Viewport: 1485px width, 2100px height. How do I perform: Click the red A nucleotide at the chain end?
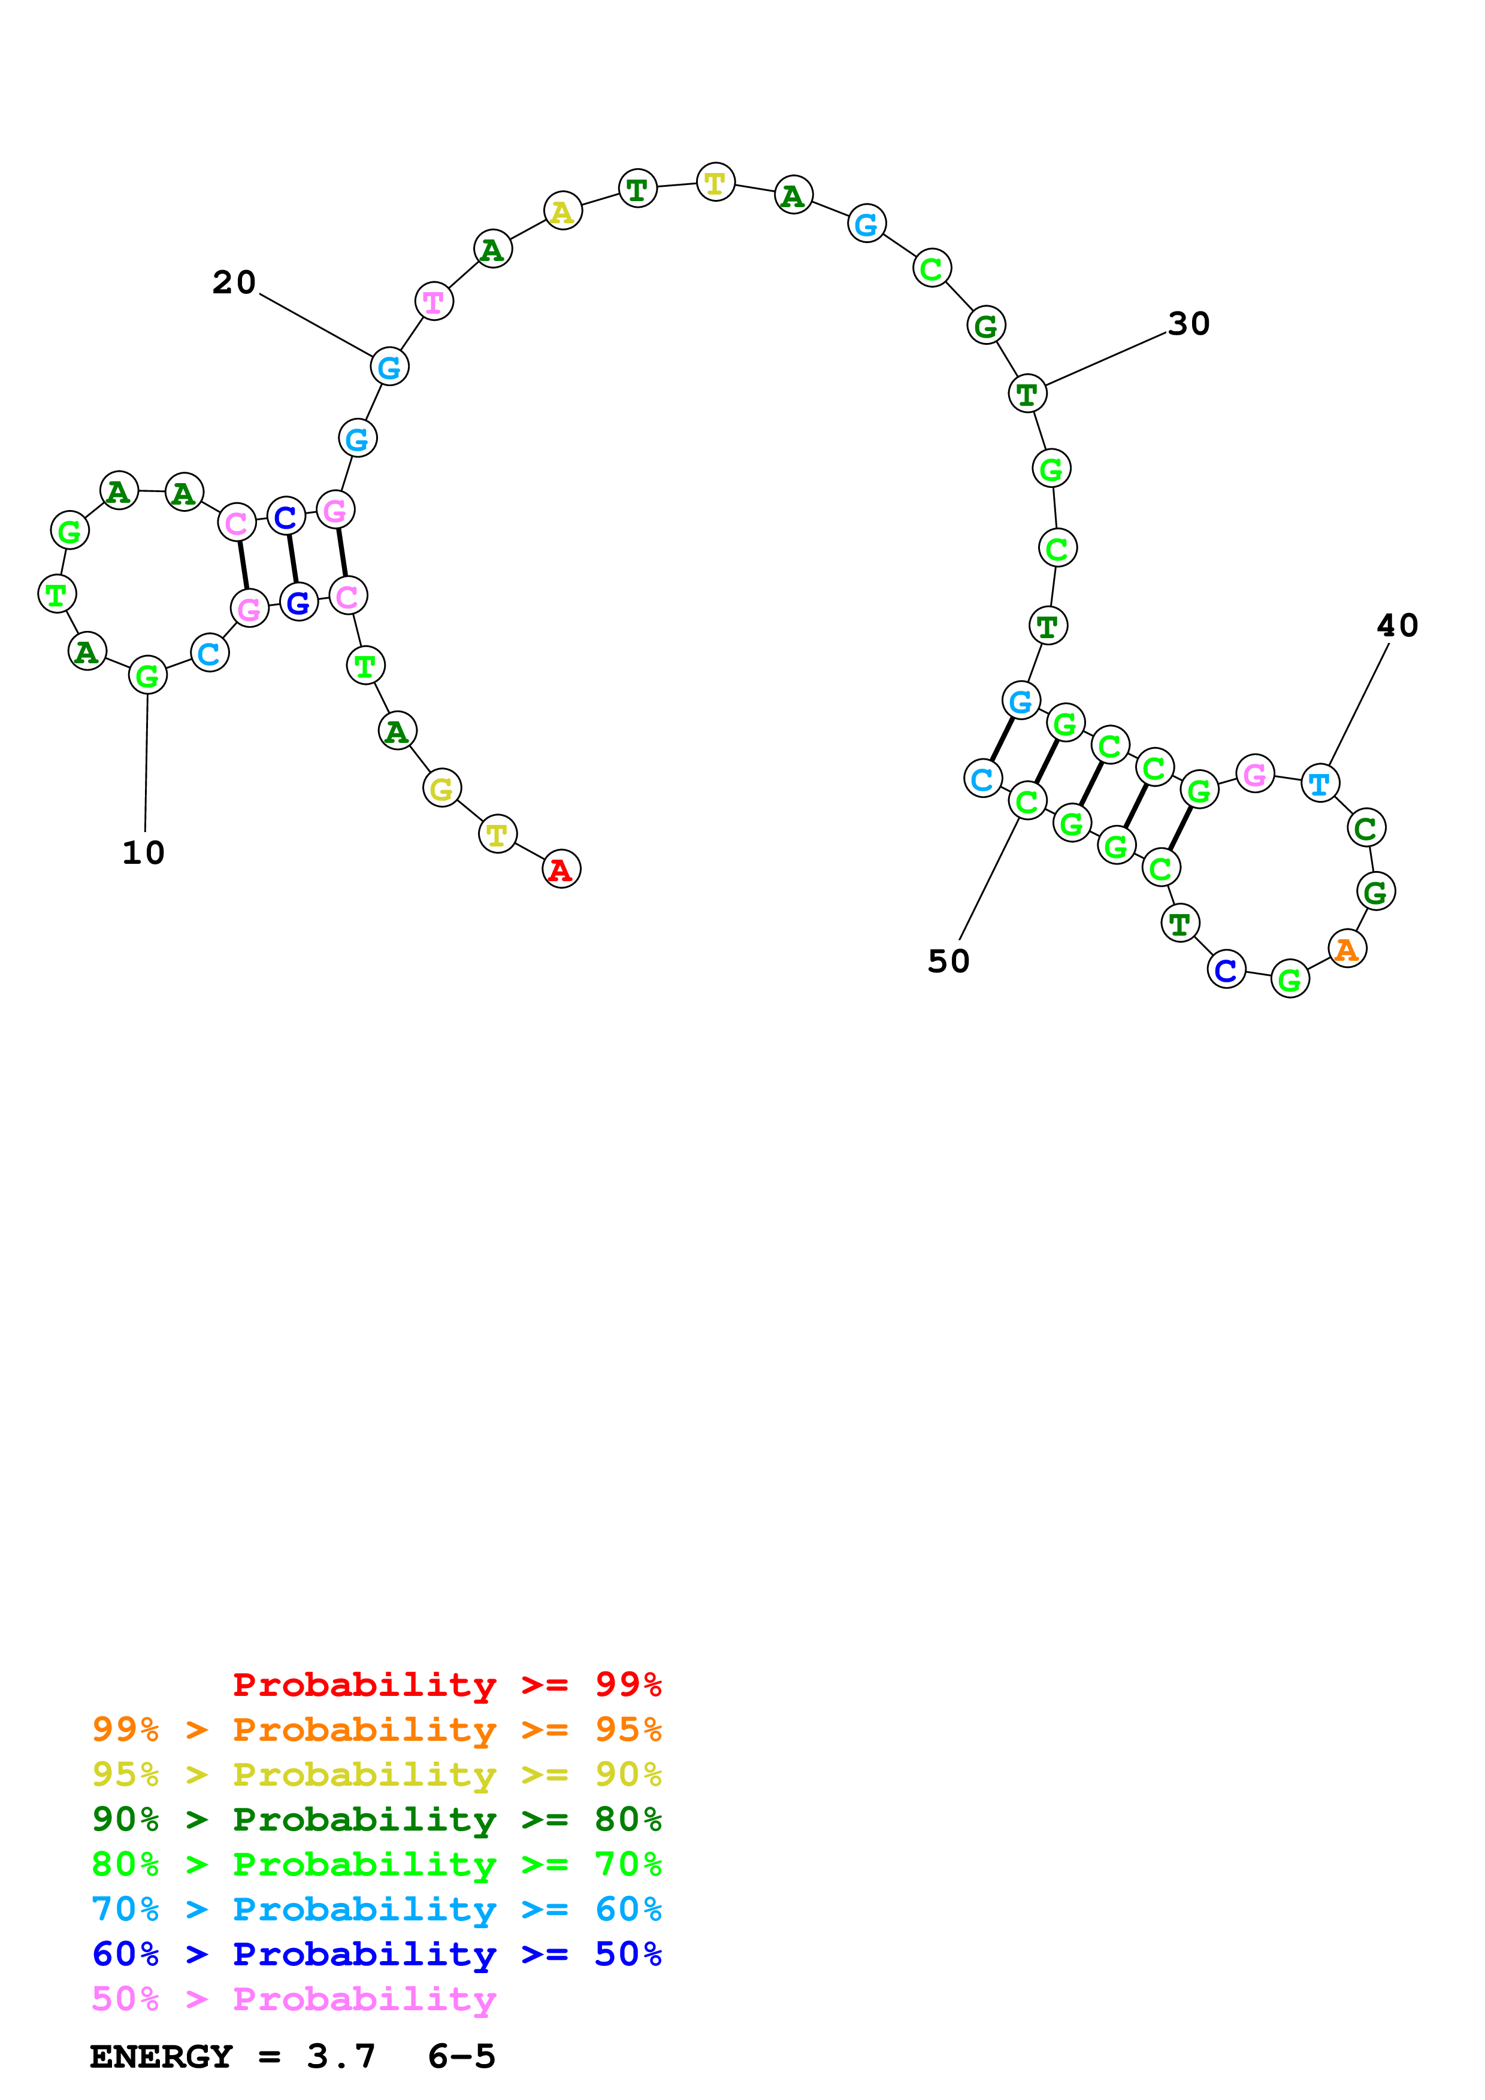click(561, 869)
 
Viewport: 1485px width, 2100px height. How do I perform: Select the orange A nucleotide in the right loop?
click(1346, 949)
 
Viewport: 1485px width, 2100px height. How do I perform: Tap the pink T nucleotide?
click(434, 301)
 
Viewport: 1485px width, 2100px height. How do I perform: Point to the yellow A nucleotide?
click(562, 211)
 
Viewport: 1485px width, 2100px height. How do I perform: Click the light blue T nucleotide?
click(1320, 783)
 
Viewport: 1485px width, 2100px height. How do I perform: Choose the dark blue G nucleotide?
click(298, 603)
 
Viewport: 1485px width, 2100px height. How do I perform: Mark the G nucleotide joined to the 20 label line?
click(389, 368)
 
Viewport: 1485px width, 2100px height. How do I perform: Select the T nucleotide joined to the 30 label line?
click(1027, 394)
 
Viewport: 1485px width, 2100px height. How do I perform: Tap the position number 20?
click(234, 283)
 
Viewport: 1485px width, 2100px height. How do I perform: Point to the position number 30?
click(1188, 324)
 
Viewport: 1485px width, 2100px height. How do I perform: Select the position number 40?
click(1397, 626)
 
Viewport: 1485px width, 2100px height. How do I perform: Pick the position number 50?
click(948, 961)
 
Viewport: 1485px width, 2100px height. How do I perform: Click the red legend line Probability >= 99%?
click(446, 1684)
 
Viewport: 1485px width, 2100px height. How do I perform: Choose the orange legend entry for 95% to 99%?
click(377, 1729)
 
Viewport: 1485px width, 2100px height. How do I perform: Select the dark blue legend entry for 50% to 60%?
click(377, 1954)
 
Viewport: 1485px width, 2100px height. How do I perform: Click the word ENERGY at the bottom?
click(161, 2056)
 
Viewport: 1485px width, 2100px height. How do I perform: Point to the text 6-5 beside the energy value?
click(461, 2056)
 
